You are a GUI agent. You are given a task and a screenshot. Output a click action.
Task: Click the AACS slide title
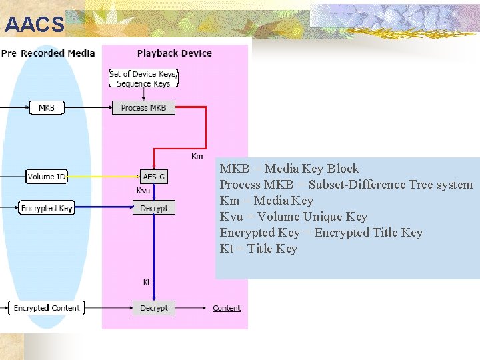coord(35,25)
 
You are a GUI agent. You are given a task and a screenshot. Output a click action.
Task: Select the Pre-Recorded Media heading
coord(48,53)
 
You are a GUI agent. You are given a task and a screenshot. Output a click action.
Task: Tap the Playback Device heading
coord(174,53)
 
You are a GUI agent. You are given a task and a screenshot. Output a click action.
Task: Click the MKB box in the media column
coord(47,107)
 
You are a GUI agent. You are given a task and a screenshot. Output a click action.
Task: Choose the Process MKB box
coord(143,107)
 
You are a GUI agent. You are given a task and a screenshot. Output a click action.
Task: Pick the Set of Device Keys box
coord(143,79)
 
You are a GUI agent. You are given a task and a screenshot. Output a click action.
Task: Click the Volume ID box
coord(47,177)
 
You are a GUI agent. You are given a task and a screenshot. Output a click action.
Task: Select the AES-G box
coord(154,177)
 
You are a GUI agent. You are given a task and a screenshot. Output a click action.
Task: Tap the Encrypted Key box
coord(47,208)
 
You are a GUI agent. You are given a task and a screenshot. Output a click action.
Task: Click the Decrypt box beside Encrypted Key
coord(154,208)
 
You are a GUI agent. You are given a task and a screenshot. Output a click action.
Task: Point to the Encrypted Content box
coord(47,308)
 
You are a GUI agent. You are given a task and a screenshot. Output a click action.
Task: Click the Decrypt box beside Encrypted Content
coord(154,308)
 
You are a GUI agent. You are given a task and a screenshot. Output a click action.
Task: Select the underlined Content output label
coord(227,308)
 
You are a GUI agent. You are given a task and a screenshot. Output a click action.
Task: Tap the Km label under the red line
coord(197,157)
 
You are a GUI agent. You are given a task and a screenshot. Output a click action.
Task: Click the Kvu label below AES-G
coord(143,191)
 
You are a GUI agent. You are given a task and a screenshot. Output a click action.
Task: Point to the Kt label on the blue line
coord(147,283)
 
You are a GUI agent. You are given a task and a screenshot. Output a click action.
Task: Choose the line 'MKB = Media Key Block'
coord(289,169)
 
